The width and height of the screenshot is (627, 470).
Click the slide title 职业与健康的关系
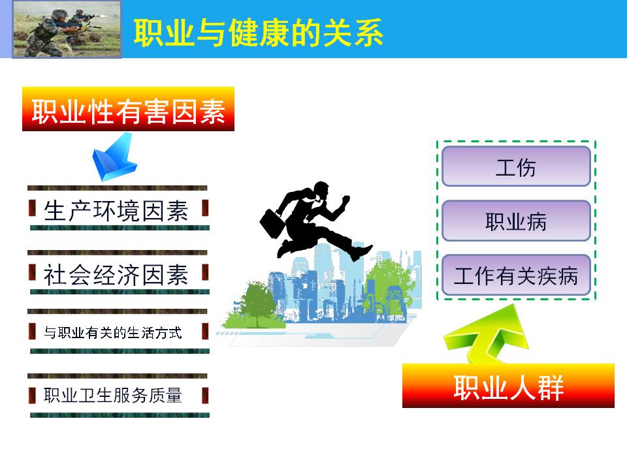pos(259,33)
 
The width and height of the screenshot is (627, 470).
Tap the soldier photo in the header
pos(67,29)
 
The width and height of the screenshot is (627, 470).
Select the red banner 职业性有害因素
pos(129,109)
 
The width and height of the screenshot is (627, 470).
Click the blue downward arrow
pos(114,157)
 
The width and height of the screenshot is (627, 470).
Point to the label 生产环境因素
pos(116,211)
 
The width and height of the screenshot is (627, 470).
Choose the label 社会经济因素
pos(116,275)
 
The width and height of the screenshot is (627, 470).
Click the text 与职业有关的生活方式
pos(113,332)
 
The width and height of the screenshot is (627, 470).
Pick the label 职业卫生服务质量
pos(113,396)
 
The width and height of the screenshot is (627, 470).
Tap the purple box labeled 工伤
pos(516,166)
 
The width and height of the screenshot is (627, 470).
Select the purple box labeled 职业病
pos(516,221)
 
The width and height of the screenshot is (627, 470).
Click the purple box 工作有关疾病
pos(516,275)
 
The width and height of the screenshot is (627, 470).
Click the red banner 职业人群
pos(508,386)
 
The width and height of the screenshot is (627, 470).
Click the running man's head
pos(321,191)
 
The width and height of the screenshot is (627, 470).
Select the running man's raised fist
pos(346,200)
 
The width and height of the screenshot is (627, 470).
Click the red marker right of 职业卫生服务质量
pos(205,396)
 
